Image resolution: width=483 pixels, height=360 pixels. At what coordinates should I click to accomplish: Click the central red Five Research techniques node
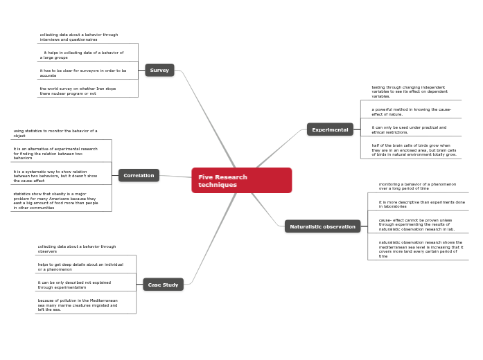[241, 181]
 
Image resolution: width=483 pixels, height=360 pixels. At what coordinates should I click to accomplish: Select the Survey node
[159, 70]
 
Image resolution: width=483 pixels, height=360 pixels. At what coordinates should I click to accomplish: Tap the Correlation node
[139, 176]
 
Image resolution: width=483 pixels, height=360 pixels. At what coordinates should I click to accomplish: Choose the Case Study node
[163, 285]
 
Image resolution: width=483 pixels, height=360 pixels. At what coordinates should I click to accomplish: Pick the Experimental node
[330, 129]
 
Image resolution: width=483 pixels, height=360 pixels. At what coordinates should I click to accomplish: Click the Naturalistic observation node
[322, 226]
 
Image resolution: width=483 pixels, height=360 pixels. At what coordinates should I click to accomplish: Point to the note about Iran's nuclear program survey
[78, 91]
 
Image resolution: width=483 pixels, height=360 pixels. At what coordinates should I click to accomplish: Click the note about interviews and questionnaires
[78, 37]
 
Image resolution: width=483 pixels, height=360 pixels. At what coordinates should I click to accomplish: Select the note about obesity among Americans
[55, 201]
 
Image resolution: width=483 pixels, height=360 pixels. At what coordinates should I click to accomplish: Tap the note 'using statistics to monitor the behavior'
[55, 133]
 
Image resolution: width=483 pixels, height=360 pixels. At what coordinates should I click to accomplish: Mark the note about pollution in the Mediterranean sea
[78, 305]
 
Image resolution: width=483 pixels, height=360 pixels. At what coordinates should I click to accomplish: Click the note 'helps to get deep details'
[80, 267]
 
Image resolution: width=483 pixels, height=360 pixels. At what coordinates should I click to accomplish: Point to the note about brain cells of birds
[414, 150]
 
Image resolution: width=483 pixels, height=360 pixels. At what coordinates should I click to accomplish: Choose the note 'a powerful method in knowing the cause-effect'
[411, 111]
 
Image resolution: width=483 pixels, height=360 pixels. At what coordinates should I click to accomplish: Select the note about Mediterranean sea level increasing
[420, 249]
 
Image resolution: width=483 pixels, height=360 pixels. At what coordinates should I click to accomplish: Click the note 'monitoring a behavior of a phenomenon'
[417, 186]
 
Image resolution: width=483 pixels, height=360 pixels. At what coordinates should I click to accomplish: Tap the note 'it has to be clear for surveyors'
[82, 73]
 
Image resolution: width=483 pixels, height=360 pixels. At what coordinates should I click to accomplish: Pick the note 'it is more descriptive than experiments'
[421, 204]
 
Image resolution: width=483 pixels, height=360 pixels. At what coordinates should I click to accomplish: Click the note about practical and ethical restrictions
[409, 129]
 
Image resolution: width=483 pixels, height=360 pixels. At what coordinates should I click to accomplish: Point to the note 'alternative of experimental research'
[55, 153]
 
